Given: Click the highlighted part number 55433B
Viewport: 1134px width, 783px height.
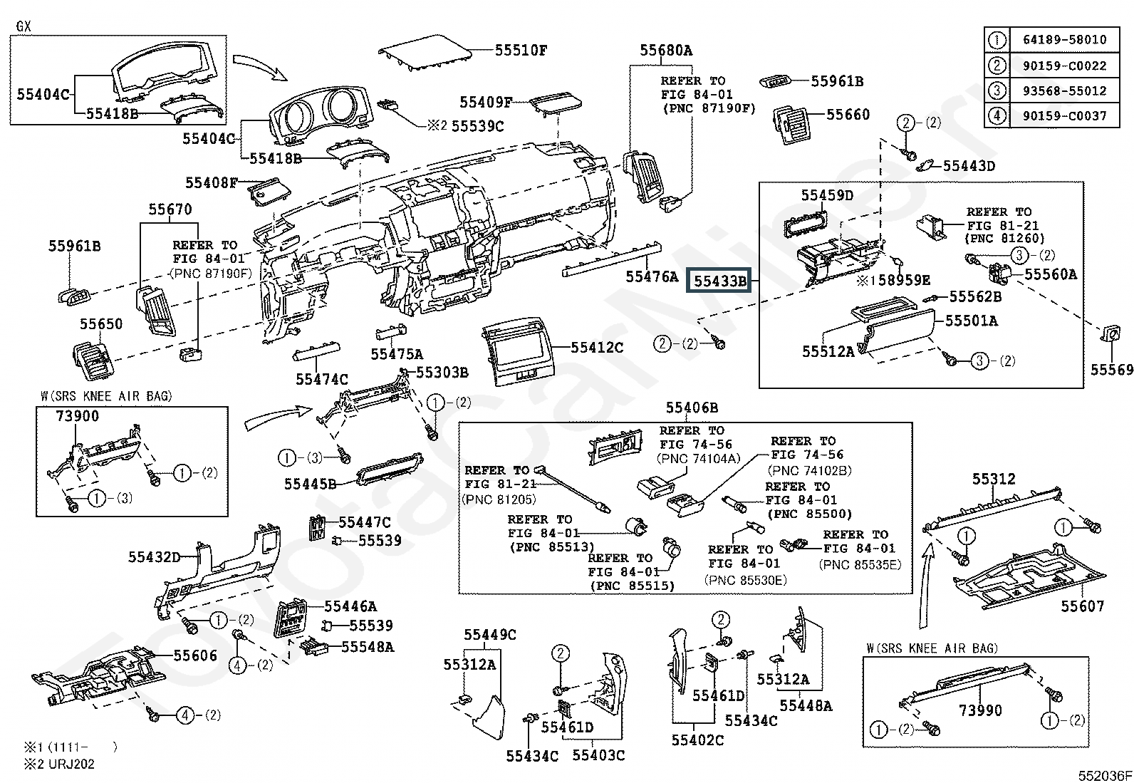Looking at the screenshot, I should click(x=720, y=281).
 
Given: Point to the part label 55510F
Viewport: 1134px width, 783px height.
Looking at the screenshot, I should click(x=521, y=51).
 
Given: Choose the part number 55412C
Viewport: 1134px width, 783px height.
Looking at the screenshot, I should click(x=597, y=348).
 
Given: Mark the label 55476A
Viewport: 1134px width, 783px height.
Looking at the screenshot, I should click(x=652, y=276).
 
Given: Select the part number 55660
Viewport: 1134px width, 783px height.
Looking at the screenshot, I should click(x=848, y=115).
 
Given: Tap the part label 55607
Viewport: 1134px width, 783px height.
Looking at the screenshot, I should click(x=1082, y=606).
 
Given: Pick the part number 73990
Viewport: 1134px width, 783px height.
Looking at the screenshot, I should click(x=980, y=710).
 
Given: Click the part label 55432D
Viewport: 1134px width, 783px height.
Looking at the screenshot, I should click(x=155, y=557).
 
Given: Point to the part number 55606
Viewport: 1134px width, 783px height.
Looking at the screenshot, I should click(x=195, y=655).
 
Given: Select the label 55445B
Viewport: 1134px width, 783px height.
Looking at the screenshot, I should click(x=310, y=484).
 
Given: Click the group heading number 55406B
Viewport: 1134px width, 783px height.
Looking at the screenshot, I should click(x=692, y=408).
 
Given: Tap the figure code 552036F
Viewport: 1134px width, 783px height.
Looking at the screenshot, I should click(x=1103, y=775).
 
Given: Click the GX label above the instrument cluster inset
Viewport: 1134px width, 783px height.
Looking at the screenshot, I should click(x=24, y=26).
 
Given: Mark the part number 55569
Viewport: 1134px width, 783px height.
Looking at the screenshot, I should click(x=1111, y=370).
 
